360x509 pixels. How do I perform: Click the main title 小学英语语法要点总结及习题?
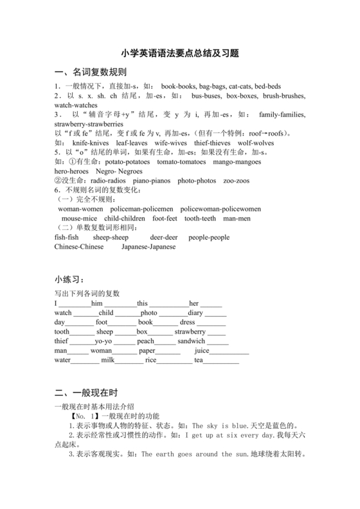pyautogui.click(x=180, y=55)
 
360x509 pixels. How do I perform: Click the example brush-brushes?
pyautogui.click(x=282, y=95)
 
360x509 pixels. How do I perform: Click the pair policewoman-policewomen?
pyautogui.click(x=221, y=209)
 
